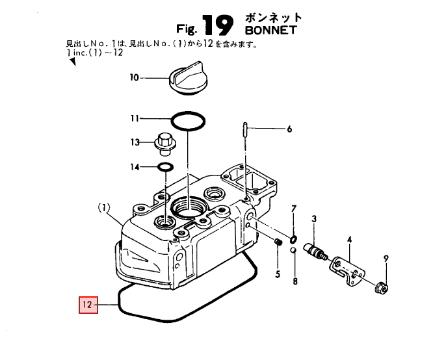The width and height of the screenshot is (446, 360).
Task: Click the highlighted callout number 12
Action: (88, 305)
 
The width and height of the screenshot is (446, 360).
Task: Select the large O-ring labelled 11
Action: (188, 122)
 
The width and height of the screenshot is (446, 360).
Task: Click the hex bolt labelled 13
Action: (165, 144)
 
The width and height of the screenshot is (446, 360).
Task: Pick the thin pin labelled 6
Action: (245, 129)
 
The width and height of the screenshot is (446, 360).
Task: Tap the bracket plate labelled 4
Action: (347, 270)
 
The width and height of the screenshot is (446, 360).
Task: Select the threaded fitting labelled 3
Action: (315, 251)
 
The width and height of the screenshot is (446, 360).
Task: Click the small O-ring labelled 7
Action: (293, 239)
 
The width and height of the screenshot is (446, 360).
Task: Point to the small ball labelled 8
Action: (293, 250)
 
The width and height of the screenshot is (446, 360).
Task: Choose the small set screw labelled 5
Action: (279, 242)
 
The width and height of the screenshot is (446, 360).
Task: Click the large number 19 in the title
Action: (218, 25)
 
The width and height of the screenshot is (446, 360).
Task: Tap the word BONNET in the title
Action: (270, 30)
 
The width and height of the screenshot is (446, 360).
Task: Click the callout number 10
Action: (134, 77)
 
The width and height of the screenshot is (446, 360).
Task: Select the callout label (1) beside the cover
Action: (104, 208)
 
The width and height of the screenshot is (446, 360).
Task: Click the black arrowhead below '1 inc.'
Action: (73, 61)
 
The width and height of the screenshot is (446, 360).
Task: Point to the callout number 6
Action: (289, 129)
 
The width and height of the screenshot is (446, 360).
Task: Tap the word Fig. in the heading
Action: (187, 29)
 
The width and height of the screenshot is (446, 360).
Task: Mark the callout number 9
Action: (386, 259)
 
